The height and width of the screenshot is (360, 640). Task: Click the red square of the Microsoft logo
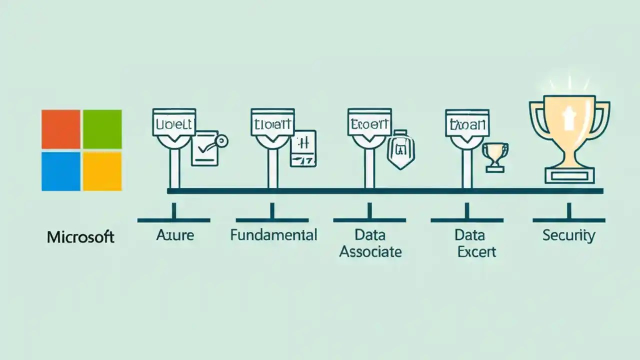click(61, 129)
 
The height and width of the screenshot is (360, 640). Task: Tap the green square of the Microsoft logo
click(102, 129)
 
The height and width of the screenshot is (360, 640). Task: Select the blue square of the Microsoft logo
click(61, 171)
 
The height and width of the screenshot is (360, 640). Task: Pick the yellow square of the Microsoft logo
click(102, 171)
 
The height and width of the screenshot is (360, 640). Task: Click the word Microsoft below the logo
click(80, 236)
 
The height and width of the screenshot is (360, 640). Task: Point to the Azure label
click(174, 234)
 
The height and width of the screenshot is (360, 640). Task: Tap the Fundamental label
click(273, 234)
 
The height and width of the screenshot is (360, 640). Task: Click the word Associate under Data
click(370, 251)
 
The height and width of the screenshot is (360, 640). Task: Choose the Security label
click(568, 235)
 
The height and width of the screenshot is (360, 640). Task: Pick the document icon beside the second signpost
click(304, 148)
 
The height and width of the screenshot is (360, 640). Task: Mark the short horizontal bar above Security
click(569, 220)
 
